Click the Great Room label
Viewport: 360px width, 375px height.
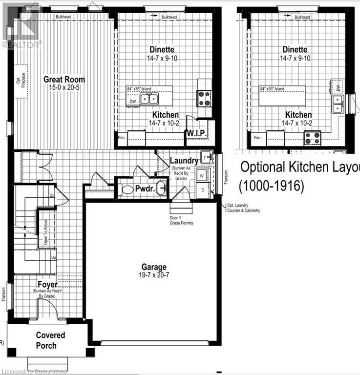click(64, 79)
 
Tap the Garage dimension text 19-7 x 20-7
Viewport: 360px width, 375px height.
click(154, 275)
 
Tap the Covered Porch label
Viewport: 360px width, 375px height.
click(50, 340)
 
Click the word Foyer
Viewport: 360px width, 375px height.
click(47, 284)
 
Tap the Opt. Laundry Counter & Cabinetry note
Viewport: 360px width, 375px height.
click(243, 208)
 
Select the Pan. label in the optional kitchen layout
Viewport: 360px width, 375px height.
click(258, 138)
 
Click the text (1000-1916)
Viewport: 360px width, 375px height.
click(271, 186)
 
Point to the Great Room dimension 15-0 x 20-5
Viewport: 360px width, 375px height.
click(64, 87)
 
